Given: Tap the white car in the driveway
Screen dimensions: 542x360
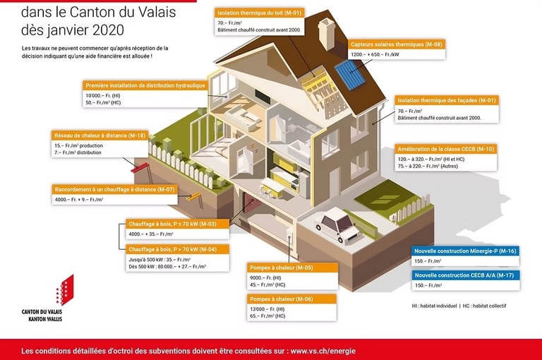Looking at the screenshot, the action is coord(337,224).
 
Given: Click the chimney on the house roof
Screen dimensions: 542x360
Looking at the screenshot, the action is coord(326,32).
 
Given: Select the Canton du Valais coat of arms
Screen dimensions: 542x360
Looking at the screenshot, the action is coord(63,290).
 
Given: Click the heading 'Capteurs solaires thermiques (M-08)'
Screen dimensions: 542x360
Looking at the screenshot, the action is coord(397,44).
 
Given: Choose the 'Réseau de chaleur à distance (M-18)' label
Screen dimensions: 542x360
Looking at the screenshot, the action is coord(100,135).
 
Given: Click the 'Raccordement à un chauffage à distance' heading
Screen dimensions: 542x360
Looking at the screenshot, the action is coord(114,189).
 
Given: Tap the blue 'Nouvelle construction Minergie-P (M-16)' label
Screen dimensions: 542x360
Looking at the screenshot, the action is coord(466,251).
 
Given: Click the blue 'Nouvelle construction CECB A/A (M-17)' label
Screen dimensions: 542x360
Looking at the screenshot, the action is coord(466,275).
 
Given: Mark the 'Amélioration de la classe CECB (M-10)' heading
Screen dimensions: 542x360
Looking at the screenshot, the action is coord(446,149).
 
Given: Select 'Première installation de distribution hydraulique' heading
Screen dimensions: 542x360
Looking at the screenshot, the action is coord(145,85).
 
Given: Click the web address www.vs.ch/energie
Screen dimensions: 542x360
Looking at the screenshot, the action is coord(323,351).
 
